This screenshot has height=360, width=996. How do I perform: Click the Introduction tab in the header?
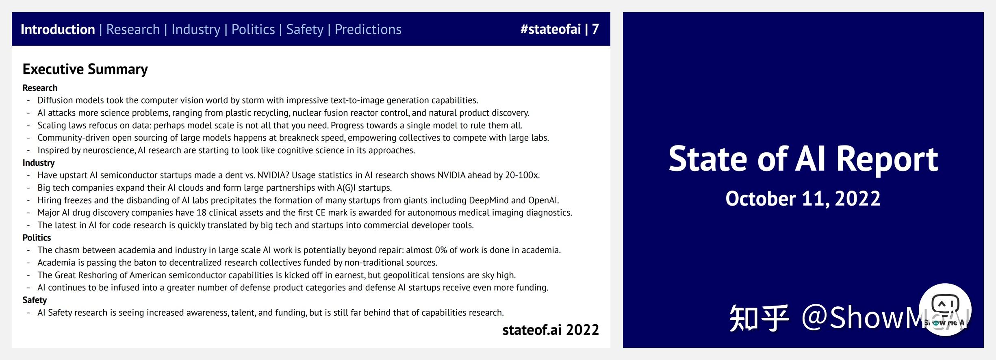click(x=58, y=29)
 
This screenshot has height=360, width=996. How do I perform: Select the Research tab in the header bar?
click(x=133, y=29)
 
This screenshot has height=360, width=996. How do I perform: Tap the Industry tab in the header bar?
click(x=195, y=29)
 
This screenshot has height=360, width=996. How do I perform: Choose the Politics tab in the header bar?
click(x=253, y=29)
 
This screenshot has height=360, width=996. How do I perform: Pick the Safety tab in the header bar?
click(x=305, y=29)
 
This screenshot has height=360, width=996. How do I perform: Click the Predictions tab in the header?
click(x=368, y=29)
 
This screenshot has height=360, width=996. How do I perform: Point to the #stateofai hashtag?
click(x=550, y=29)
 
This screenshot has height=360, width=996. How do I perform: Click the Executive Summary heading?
click(x=85, y=69)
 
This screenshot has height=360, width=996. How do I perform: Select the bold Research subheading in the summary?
click(x=40, y=88)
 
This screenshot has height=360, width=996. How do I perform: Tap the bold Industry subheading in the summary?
click(x=38, y=163)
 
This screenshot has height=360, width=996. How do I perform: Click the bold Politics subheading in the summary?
click(x=37, y=237)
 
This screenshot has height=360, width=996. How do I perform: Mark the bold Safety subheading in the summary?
click(x=35, y=300)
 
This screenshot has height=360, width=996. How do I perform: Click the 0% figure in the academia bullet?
click(x=440, y=250)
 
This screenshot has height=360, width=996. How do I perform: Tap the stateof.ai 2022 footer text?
click(x=550, y=330)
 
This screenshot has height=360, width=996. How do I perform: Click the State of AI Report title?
click(x=803, y=159)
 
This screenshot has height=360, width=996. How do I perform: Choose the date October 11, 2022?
click(x=803, y=199)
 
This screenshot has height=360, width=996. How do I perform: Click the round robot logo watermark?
click(x=945, y=309)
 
